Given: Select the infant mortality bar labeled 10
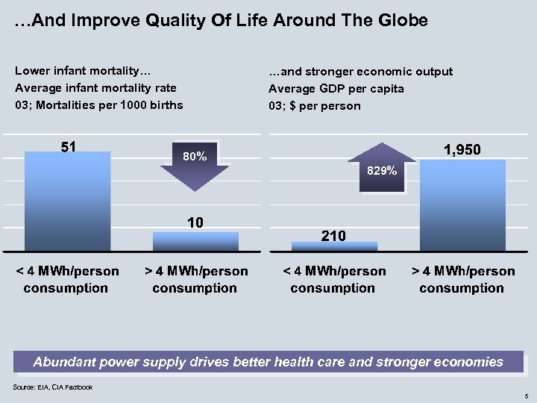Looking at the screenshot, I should pos(195,241).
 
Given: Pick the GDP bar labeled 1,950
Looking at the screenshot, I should pos(462,204).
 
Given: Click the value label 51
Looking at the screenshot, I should pos(68,146).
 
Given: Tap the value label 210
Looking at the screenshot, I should pos(333,236).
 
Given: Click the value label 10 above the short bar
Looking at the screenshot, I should pos(195,222).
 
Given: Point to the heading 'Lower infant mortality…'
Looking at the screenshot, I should pos(83,72).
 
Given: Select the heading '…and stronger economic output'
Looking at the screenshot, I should pos(360,72).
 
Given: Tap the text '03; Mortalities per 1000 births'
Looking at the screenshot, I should pos(98,105).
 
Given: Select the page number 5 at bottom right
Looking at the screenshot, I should pos(526,395).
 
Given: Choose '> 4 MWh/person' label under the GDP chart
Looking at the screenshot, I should pos(462,271).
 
